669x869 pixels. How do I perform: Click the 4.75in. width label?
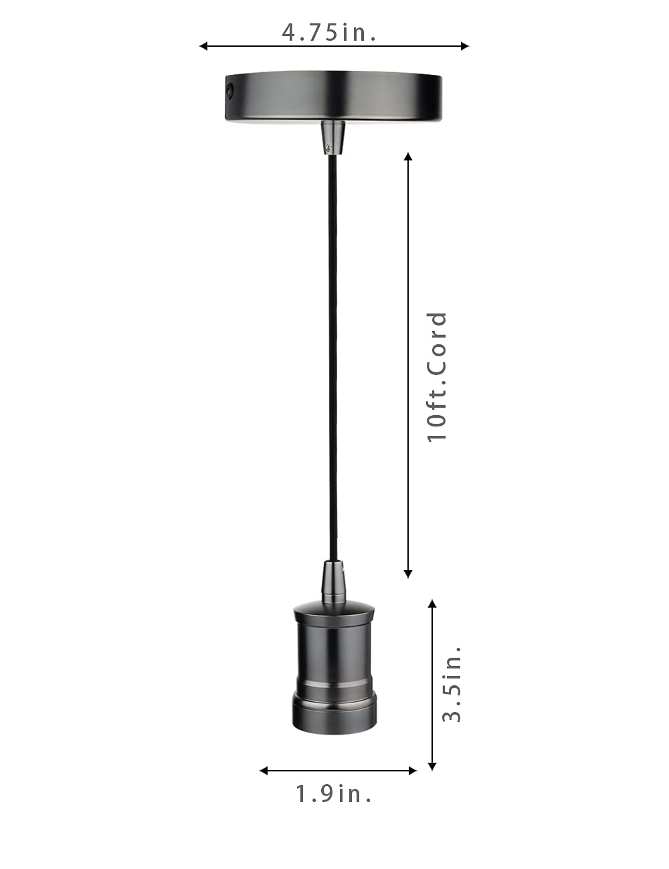click(x=328, y=32)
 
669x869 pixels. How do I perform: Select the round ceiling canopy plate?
click(x=332, y=97)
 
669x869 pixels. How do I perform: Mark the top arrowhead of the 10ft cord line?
click(x=408, y=156)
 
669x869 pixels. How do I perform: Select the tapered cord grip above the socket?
click(x=334, y=580)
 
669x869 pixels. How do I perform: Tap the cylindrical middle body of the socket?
click(x=334, y=652)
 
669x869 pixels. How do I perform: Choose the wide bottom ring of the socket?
click(x=334, y=714)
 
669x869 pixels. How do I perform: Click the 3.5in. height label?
click(x=452, y=683)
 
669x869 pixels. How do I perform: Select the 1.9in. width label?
click(x=334, y=793)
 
